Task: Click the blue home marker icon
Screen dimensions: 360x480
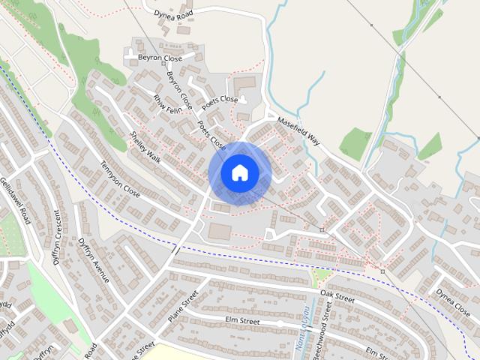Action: pos(239,173)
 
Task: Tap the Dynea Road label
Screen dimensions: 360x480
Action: pos(174,13)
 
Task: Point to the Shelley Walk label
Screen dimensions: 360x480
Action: pos(145,145)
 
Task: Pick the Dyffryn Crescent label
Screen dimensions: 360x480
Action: pos(55,239)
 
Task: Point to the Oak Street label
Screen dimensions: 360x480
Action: pos(337,296)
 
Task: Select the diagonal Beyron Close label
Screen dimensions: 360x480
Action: pos(179,90)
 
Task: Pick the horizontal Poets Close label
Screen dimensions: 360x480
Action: pos(219,99)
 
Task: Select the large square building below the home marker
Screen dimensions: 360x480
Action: pos(220,230)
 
